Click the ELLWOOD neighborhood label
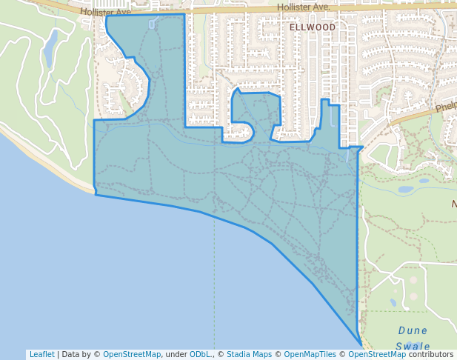pyautogui.click(x=312, y=27)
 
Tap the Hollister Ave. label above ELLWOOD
pyautogui.click(x=303, y=7)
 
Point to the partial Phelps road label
pyautogui.click(x=446, y=107)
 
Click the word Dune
pyautogui.click(x=413, y=330)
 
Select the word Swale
pyautogui.click(x=413, y=346)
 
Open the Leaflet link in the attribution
pyautogui.click(x=41, y=354)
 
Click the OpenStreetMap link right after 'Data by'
pyautogui.click(x=132, y=354)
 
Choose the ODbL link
pyautogui.click(x=200, y=354)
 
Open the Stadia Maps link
pyautogui.click(x=249, y=354)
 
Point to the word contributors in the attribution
pyautogui.click(x=431, y=354)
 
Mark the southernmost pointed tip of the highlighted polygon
pyautogui.click(x=361, y=344)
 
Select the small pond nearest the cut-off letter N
pyautogui.click(x=405, y=189)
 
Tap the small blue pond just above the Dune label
pyautogui.click(x=393, y=302)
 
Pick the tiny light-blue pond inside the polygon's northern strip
pyautogui.click(x=152, y=24)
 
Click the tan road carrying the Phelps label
pyautogui.click(x=415, y=115)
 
